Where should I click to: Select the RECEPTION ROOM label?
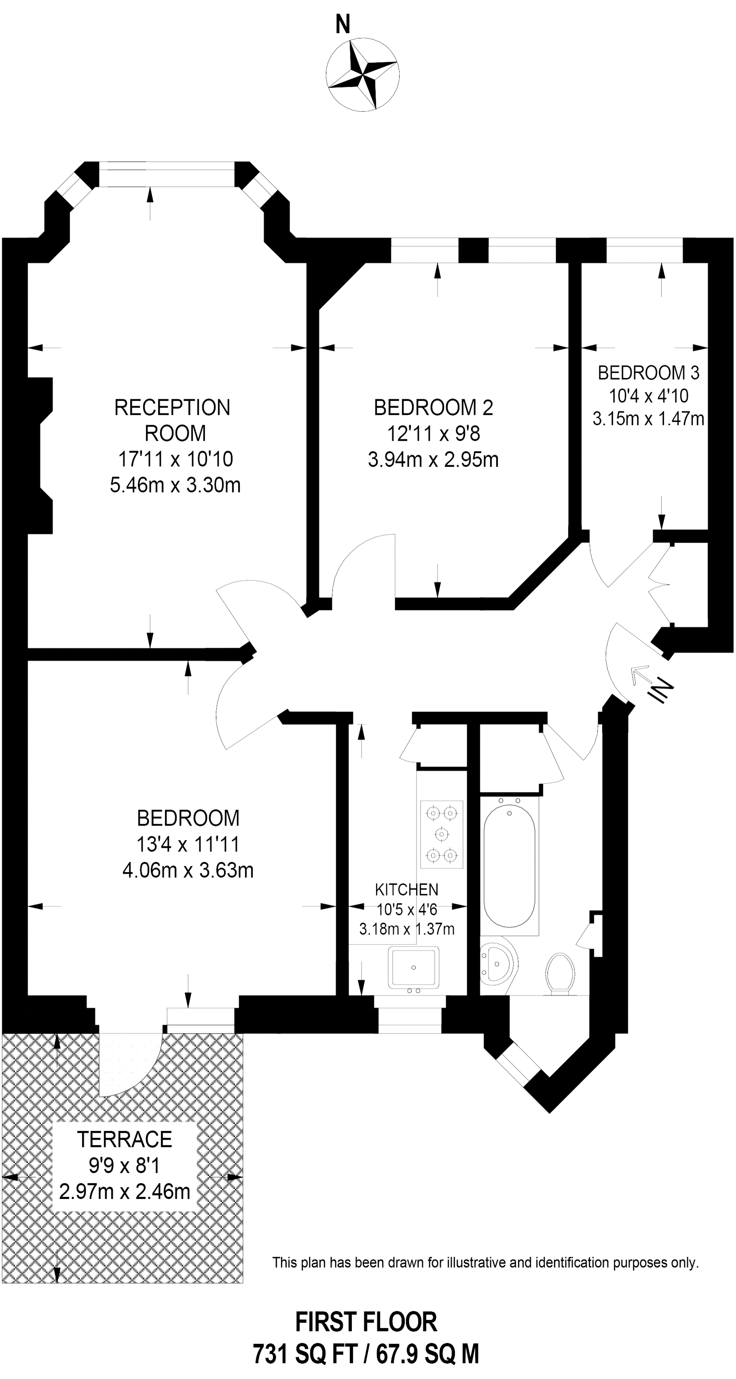pos(173,420)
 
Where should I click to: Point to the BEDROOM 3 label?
pos(648,372)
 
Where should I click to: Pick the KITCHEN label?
pos(406,890)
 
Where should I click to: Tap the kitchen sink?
pos(413,967)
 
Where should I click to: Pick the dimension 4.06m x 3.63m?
pos(188,870)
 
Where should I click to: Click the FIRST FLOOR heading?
pos(366,1322)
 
